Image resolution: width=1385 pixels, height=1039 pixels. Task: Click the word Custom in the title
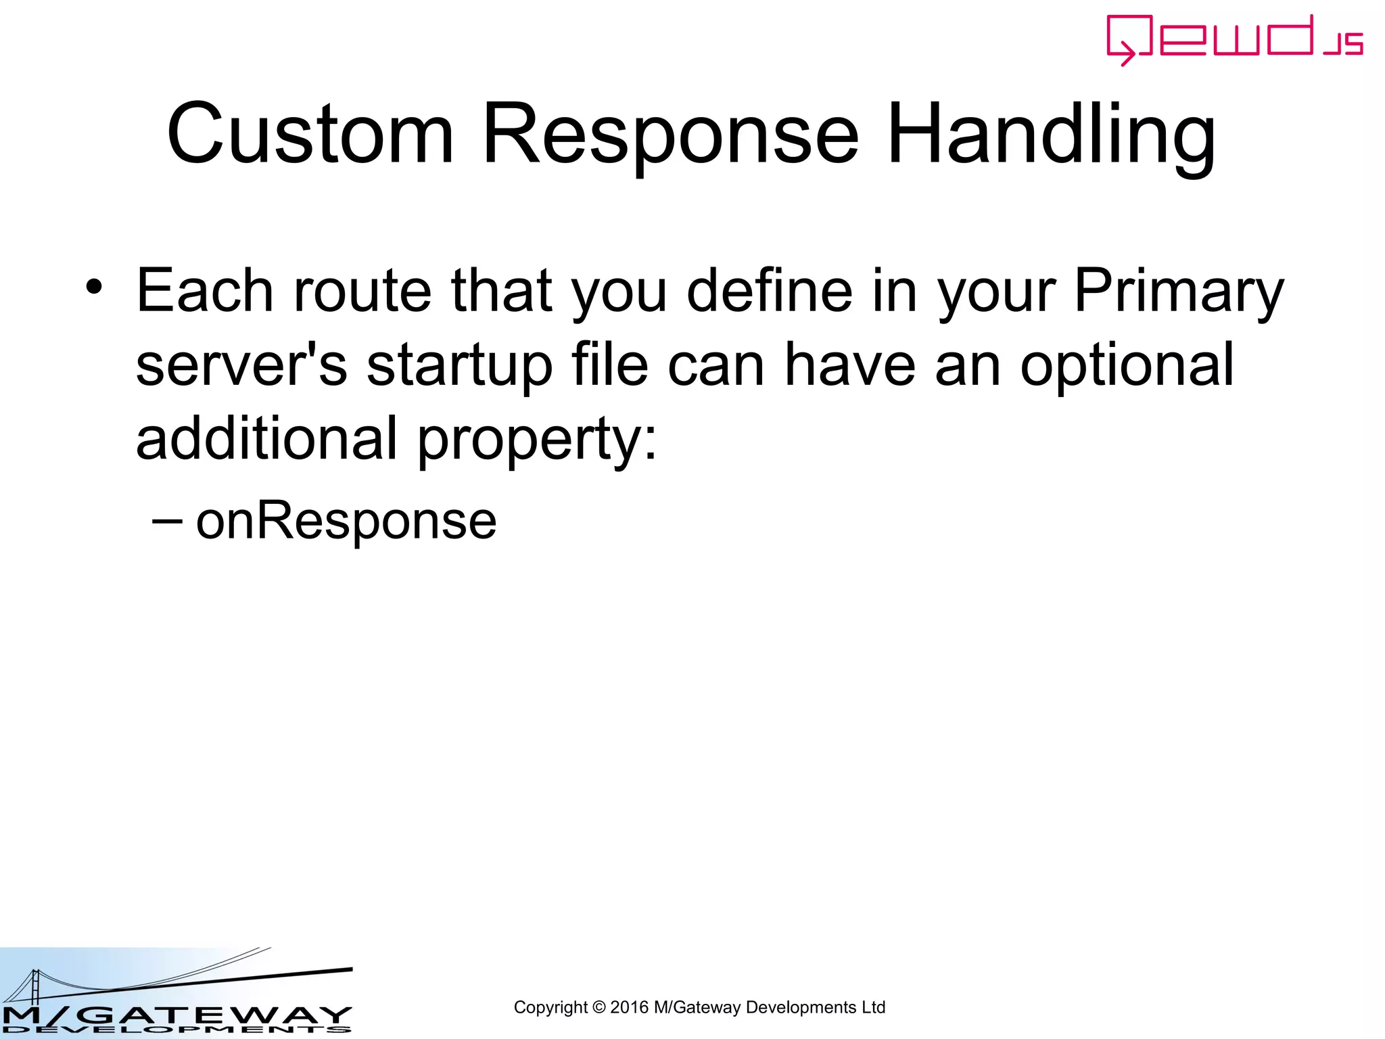[310, 134]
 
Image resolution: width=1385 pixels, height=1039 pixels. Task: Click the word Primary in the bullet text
[1178, 291]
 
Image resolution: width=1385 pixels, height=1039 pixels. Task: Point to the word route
[362, 291]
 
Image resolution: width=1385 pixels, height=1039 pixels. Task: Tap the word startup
[460, 365]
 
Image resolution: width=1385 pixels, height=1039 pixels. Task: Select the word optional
[1127, 365]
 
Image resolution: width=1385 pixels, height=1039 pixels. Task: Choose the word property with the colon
[537, 440]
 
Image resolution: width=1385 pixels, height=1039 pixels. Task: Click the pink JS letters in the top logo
[1343, 44]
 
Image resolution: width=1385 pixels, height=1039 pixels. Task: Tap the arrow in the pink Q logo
[1125, 53]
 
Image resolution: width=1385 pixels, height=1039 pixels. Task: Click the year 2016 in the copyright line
[629, 1007]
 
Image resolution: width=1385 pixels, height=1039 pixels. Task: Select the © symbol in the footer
[598, 1007]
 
